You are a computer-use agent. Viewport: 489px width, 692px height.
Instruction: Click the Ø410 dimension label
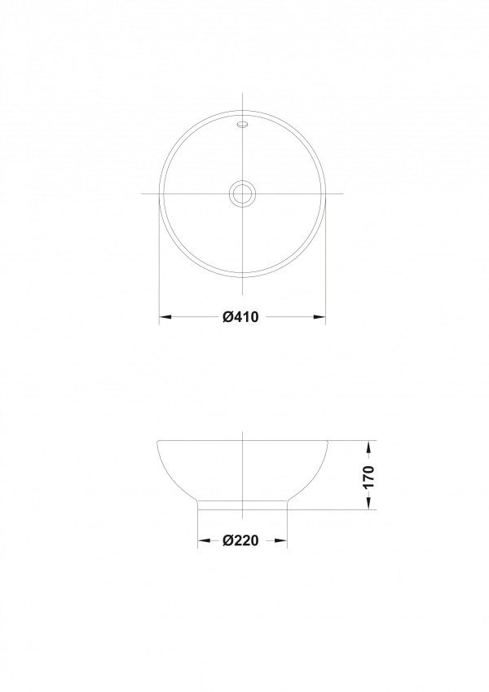tap(240, 316)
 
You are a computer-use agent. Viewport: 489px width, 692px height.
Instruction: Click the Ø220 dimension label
tap(240, 540)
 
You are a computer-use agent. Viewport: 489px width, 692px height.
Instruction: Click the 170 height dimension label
tap(368, 476)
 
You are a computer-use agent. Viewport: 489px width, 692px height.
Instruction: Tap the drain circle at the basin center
tap(242, 193)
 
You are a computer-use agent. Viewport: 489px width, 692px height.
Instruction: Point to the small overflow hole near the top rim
tap(242, 125)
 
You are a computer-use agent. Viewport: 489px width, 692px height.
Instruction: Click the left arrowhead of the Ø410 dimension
tap(165, 316)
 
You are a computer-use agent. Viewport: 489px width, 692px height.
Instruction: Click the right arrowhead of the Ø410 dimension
tap(319, 316)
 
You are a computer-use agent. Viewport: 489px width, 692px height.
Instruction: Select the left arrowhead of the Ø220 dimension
tap(204, 540)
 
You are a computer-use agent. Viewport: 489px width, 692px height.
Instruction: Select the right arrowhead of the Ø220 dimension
tap(280, 540)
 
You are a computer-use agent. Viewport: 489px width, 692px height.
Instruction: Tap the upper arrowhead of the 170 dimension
tap(368, 447)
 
